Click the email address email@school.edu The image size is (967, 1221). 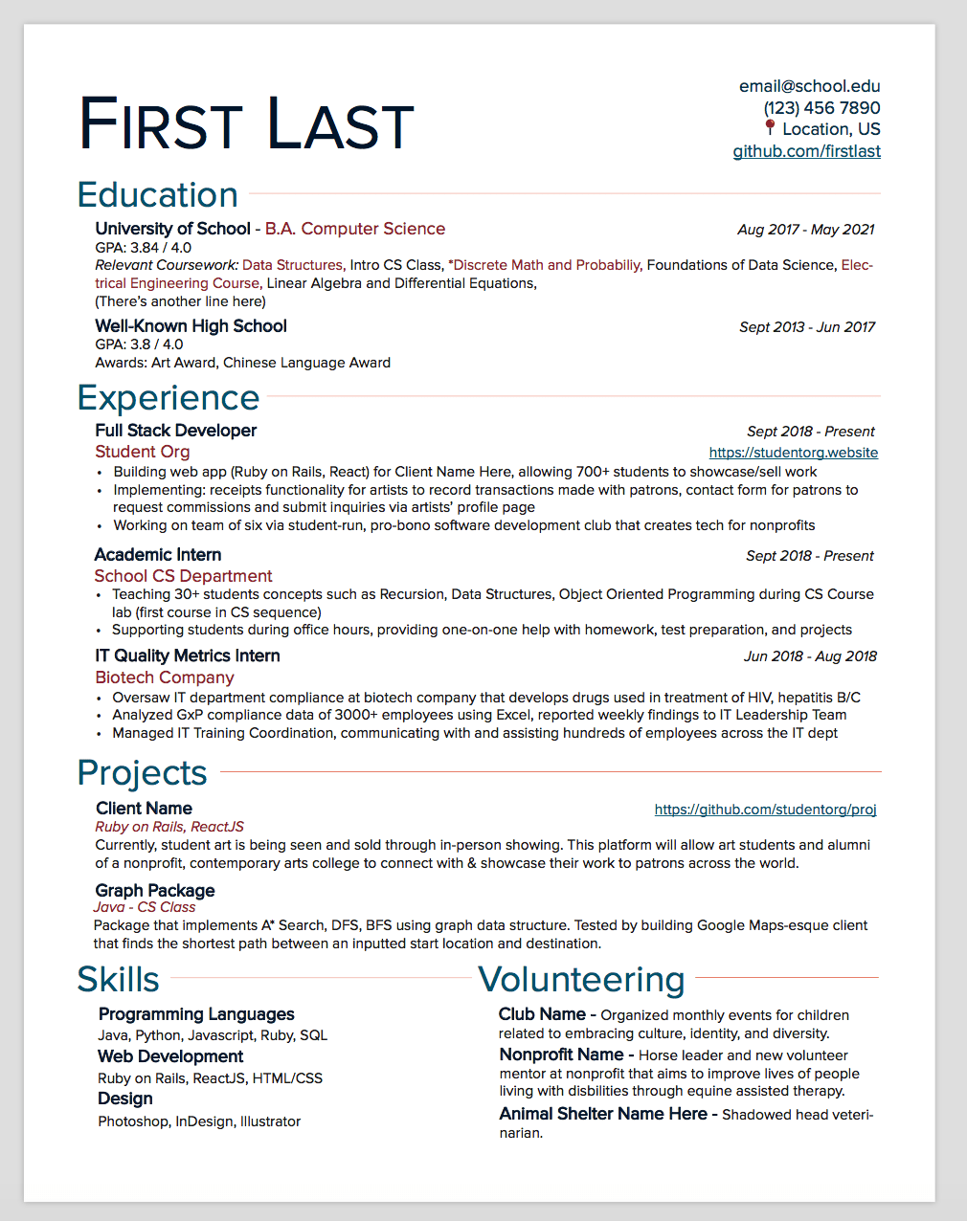(x=809, y=86)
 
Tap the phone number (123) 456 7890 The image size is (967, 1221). (x=821, y=108)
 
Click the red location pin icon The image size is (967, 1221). (x=770, y=127)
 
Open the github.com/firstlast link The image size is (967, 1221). (x=806, y=151)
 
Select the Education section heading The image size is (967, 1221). (x=158, y=195)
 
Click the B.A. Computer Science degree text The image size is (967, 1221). (x=355, y=229)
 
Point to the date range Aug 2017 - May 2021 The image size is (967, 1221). (x=805, y=230)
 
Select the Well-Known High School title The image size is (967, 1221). (x=191, y=326)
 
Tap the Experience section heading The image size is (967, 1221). (x=169, y=398)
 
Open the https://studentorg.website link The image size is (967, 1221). (x=793, y=453)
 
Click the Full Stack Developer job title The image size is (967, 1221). (x=176, y=431)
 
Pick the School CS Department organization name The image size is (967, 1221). (x=183, y=576)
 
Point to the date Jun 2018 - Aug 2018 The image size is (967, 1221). (x=810, y=656)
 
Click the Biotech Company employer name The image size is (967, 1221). (x=165, y=677)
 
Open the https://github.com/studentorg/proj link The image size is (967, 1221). (x=765, y=810)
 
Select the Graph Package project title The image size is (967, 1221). (x=155, y=891)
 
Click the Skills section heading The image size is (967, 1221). (x=119, y=980)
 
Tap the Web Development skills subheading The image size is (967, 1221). (x=170, y=1056)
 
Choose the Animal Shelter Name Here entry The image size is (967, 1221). (x=603, y=1114)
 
